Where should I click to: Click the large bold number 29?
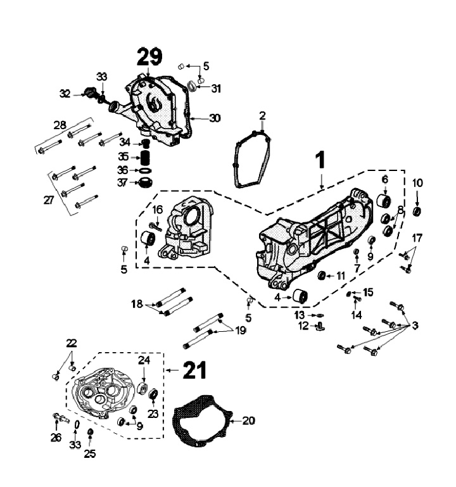coord(149,57)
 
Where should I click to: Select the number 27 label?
coord(48,199)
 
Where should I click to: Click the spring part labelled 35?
coord(146,156)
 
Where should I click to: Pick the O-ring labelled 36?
coord(145,170)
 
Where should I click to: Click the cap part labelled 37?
coord(146,184)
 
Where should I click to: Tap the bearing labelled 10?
coord(417,210)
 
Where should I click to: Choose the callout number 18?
coord(137,305)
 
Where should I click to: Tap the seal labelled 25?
coord(90,433)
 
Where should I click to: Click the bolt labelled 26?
coord(59,418)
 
